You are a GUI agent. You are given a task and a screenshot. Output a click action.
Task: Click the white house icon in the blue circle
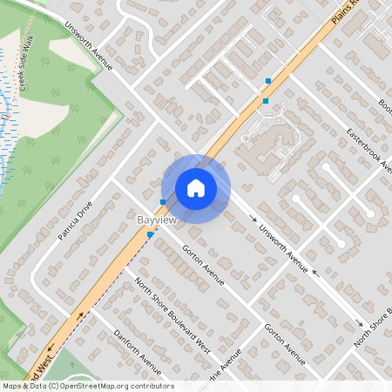pos(196,187)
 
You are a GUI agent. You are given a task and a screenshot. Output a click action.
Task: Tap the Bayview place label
pos(158,221)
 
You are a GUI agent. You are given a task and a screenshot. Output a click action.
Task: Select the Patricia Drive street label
pos(73,223)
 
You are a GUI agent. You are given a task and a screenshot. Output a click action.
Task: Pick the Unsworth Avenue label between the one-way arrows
pos(286,246)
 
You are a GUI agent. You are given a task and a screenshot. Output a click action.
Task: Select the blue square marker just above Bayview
pos(163,201)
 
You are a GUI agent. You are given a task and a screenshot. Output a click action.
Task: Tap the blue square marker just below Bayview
pos(151,234)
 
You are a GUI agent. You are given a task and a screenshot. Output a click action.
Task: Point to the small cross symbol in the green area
pos(6,114)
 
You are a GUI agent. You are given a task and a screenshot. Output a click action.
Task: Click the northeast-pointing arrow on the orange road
pos(82,315)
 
